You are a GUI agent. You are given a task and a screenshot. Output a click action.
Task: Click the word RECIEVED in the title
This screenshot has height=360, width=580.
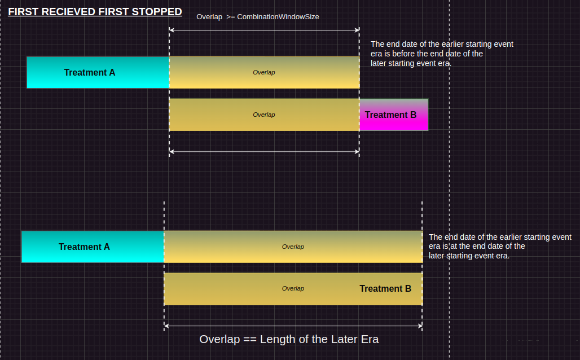(x=69, y=12)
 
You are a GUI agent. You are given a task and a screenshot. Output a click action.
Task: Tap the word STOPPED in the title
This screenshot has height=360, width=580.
(x=157, y=12)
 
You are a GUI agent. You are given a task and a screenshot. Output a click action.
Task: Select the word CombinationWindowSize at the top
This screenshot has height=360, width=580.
(x=278, y=17)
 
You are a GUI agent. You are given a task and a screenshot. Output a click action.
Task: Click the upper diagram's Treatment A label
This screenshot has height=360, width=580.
(x=90, y=73)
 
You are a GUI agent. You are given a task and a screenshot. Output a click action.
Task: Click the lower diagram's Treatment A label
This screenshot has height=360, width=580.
(x=84, y=247)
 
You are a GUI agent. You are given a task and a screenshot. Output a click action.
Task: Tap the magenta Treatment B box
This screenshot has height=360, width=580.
(x=394, y=115)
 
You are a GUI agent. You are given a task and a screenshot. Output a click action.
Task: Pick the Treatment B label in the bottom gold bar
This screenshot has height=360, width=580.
(x=385, y=288)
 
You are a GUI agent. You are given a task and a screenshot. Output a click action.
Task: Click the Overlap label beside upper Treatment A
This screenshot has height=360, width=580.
(x=263, y=73)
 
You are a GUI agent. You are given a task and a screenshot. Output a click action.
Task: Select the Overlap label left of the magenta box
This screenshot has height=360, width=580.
(x=263, y=115)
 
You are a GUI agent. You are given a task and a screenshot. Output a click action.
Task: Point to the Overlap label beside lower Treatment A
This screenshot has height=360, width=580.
(x=293, y=247)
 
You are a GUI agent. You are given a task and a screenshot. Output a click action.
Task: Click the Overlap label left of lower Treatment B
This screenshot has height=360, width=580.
(x=293, y=288)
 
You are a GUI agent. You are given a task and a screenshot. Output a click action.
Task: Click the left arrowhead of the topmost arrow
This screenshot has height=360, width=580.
(x=172, y=30)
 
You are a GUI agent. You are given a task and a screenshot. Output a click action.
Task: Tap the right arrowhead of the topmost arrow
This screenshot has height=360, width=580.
(x=357, y=30)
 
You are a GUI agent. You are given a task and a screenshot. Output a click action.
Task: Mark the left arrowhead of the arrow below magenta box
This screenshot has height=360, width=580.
(x=172, y=151)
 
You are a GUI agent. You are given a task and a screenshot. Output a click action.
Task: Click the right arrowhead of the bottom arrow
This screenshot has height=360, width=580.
(x=420, y=326)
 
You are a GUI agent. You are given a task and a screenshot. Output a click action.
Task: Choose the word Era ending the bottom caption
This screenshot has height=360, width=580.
(x=370, y=339)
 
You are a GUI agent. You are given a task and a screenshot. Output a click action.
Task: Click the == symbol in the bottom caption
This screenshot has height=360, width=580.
(x=250, y=340)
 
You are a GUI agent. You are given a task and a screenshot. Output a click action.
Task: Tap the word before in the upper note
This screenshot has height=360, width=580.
(x=403, y=54)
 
